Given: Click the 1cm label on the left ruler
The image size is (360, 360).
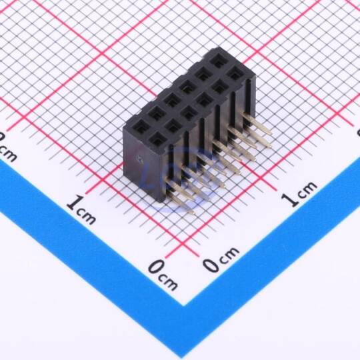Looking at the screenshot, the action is coord(81,209).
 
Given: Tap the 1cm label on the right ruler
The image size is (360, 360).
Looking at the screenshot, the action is coord(299,193).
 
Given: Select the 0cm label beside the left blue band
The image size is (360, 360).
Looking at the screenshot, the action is coord(163,275).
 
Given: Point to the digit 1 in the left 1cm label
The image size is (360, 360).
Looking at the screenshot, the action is coord(73,203).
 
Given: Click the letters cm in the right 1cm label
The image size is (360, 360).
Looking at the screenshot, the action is coord(307,190).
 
